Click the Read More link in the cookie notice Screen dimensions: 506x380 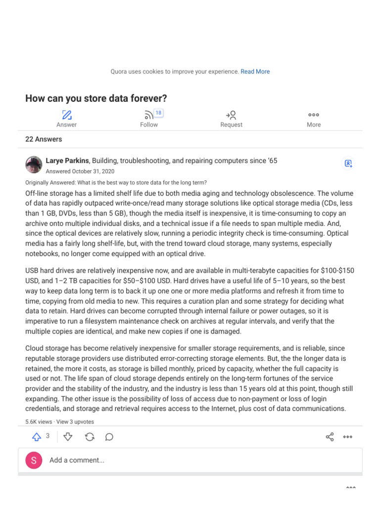tap(255, 72)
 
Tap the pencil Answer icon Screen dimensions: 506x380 tap(66, 115)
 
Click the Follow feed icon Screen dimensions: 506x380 tap(148, 115)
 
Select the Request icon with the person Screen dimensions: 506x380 tap(231, 115)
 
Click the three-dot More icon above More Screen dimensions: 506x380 tap(314, 115)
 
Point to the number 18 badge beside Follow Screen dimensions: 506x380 tap(158, 113)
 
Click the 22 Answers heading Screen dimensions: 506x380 tap(44, 139)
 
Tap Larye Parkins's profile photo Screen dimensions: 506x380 tap(34, 165)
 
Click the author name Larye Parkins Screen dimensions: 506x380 tap(67, 161)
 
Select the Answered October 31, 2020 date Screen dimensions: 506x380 tap(80, 171)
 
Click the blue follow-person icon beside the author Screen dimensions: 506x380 tap(348, 164)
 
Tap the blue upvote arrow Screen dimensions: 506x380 tap(37, 437)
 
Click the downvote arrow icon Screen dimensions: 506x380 tap(68, 437)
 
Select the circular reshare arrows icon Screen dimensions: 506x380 tap(90, 437)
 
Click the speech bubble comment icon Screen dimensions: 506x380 tap(109, 437)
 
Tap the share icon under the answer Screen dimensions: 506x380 tap(330, 437)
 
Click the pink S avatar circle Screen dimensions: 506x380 tap(34, 460)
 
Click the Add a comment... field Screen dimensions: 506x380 tap(198, 460)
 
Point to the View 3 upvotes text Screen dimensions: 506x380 tap(75, 422)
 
